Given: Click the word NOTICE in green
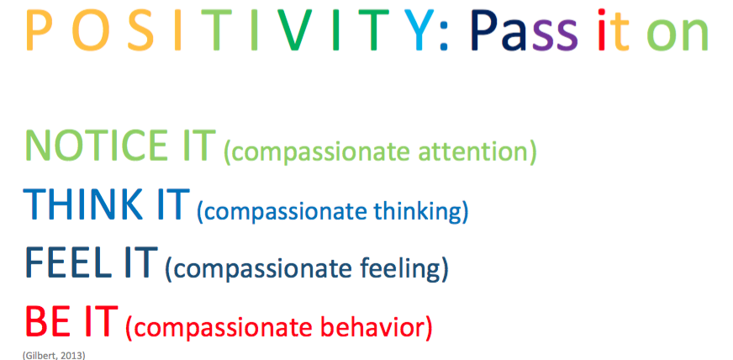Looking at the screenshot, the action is coord(94,146).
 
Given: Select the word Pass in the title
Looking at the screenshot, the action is coord(524,33).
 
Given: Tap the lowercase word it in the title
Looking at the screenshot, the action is coord(614,33).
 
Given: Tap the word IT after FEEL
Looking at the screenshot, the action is coord(136,262).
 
